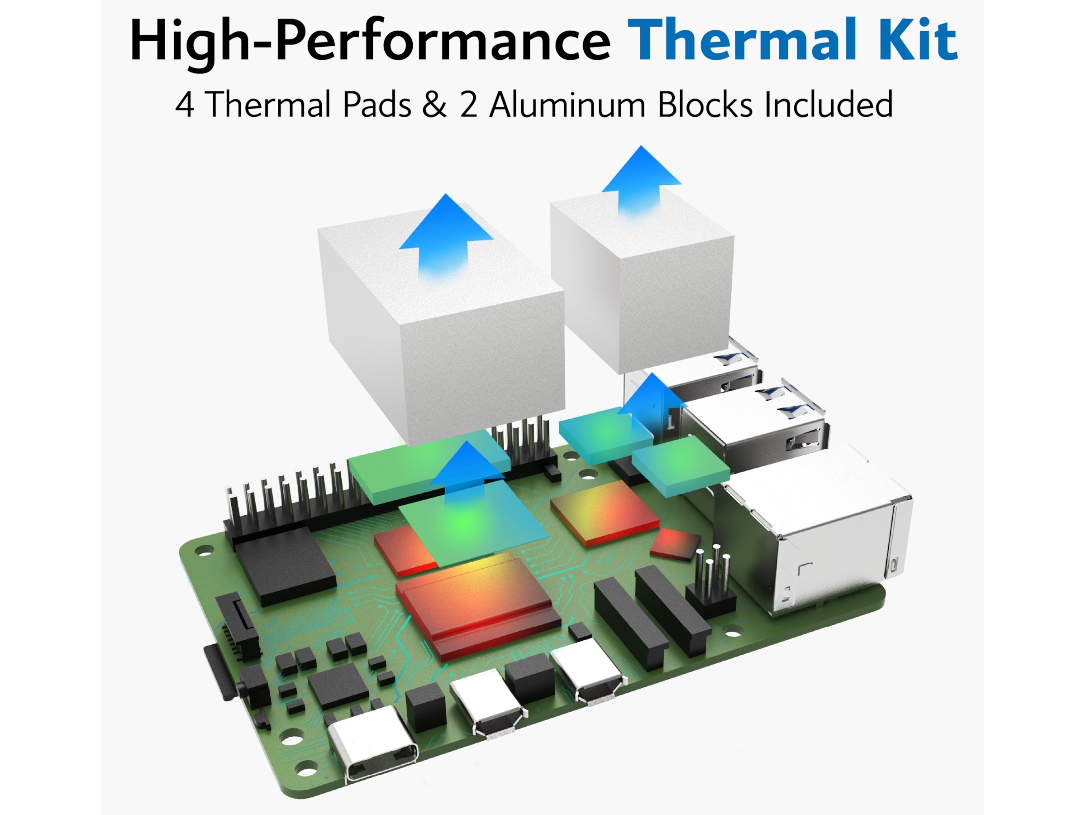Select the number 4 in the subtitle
click(x=184, y=105)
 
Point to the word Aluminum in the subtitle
click(x=567, y=105)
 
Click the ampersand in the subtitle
click(x=434, y=105)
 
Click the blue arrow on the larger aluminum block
click(x=446, y=236)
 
